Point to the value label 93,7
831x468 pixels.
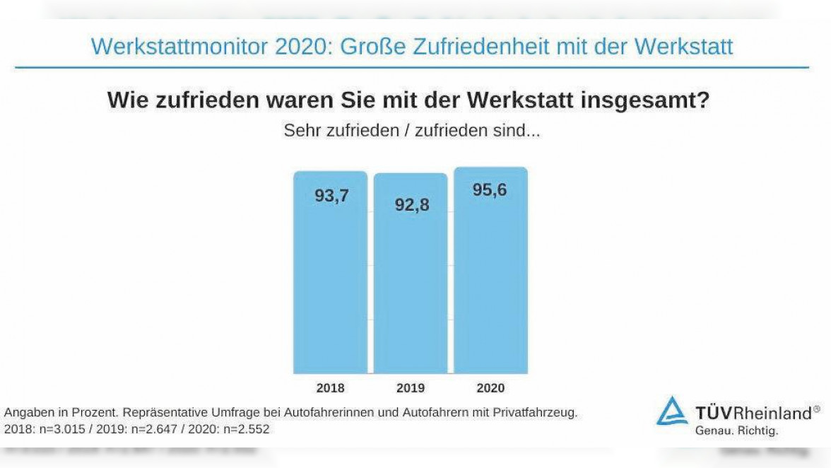pos(331,196)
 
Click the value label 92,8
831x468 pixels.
pos(412,205)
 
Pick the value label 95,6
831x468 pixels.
pos(490,190)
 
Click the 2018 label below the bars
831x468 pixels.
pos(330,388)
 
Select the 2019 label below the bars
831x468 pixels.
pos(411,388)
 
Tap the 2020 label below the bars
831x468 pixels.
pos(490,388)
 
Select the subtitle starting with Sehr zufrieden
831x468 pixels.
pos(411,131)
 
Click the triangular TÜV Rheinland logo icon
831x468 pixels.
pos(671,411)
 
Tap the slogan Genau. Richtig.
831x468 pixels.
pos(736,431)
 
